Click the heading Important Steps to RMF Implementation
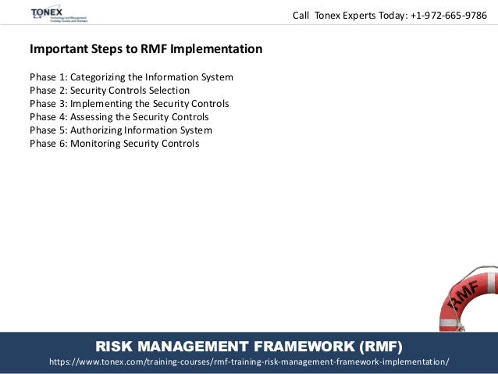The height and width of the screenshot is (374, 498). click(x=146, y=49)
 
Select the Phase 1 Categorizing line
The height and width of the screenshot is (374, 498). click(x=131, y=77)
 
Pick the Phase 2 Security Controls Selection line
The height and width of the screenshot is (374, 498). click(x=109, y=91)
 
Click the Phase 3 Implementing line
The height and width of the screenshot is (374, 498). click(x=129, y=104)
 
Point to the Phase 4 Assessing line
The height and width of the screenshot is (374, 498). click(x=119, y=117)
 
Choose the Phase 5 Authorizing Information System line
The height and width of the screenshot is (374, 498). click(x=120, y=130)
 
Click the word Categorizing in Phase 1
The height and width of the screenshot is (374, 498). click(x=101, y=77)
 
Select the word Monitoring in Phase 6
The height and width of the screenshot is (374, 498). click(x=98, y=144)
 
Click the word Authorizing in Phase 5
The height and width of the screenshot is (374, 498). click(x=98, y=130)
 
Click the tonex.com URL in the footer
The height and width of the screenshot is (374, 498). click(x=249, y=362)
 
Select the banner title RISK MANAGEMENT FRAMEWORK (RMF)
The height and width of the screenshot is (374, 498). click(x=249, y=346)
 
